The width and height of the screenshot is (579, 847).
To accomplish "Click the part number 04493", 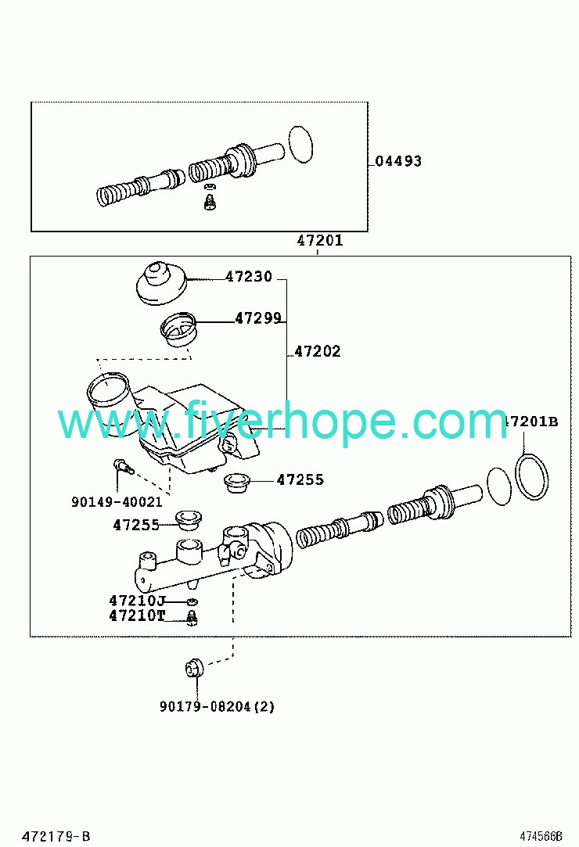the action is [398, 161].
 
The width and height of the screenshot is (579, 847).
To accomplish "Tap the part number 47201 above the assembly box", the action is [320, 240].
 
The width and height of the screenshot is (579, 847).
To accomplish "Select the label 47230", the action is [249, 277].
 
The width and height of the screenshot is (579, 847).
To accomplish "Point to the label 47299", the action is [258, 319].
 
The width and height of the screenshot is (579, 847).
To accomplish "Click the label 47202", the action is [318, 352].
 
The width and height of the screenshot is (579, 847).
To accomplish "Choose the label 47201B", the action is [531, 422].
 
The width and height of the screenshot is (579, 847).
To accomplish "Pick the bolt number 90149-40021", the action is [117, 502].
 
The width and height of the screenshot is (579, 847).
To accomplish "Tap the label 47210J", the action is [137, 601].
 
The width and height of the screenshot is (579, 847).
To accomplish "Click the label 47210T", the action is [137, 616].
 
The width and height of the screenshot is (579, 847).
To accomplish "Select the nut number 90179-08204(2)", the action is [218, 706].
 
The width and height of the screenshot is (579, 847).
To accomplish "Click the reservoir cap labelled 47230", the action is [160, 283].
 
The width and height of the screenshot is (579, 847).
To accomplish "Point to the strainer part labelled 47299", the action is [178, 329].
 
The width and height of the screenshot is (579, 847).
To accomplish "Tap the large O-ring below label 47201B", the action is [532, 476].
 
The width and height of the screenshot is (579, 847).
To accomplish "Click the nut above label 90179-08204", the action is [193, 669].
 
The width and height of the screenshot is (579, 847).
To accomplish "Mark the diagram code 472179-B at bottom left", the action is [56, 837].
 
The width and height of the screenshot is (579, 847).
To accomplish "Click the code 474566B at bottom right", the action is [541, 837].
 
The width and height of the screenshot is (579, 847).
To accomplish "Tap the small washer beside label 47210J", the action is [192, 601].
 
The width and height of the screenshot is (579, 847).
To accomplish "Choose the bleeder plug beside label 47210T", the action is [191, 617].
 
